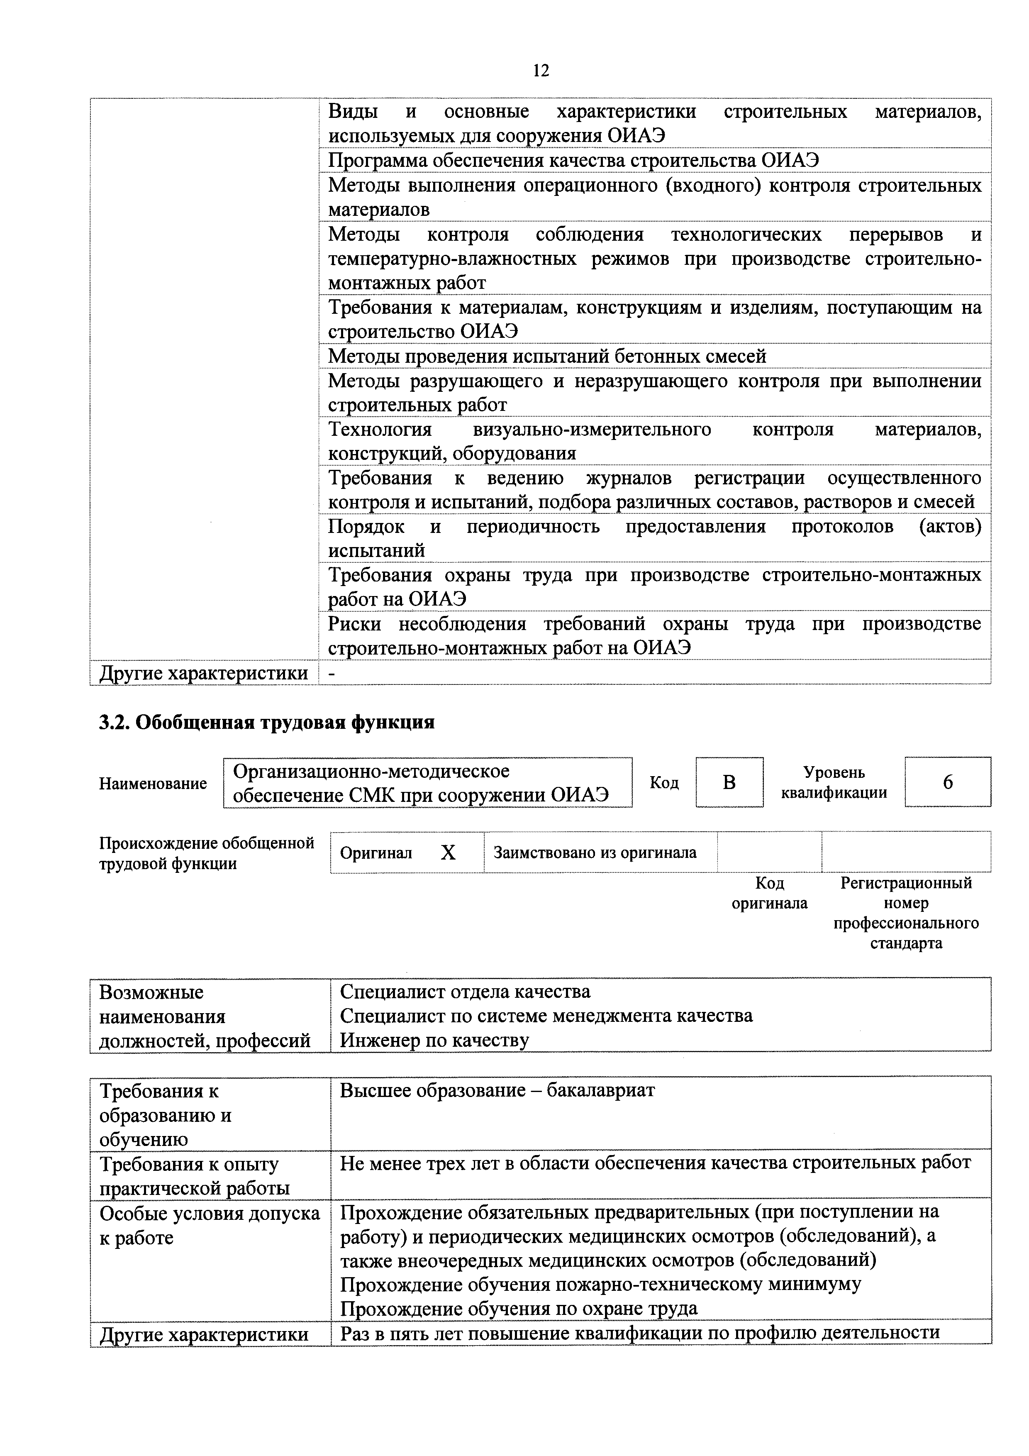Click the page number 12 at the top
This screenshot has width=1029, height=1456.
pos(541,71)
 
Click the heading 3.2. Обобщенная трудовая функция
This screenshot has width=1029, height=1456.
pos(267,722)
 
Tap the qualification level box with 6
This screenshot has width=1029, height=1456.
pos(947,782)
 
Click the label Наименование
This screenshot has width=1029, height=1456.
pos(153,784)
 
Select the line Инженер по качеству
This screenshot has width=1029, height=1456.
pos(434,1040)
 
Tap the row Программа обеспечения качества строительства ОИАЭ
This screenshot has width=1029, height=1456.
pos(573,161)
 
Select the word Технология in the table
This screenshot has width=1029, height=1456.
pos(380,430)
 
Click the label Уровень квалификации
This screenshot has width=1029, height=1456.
pos(833,782)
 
